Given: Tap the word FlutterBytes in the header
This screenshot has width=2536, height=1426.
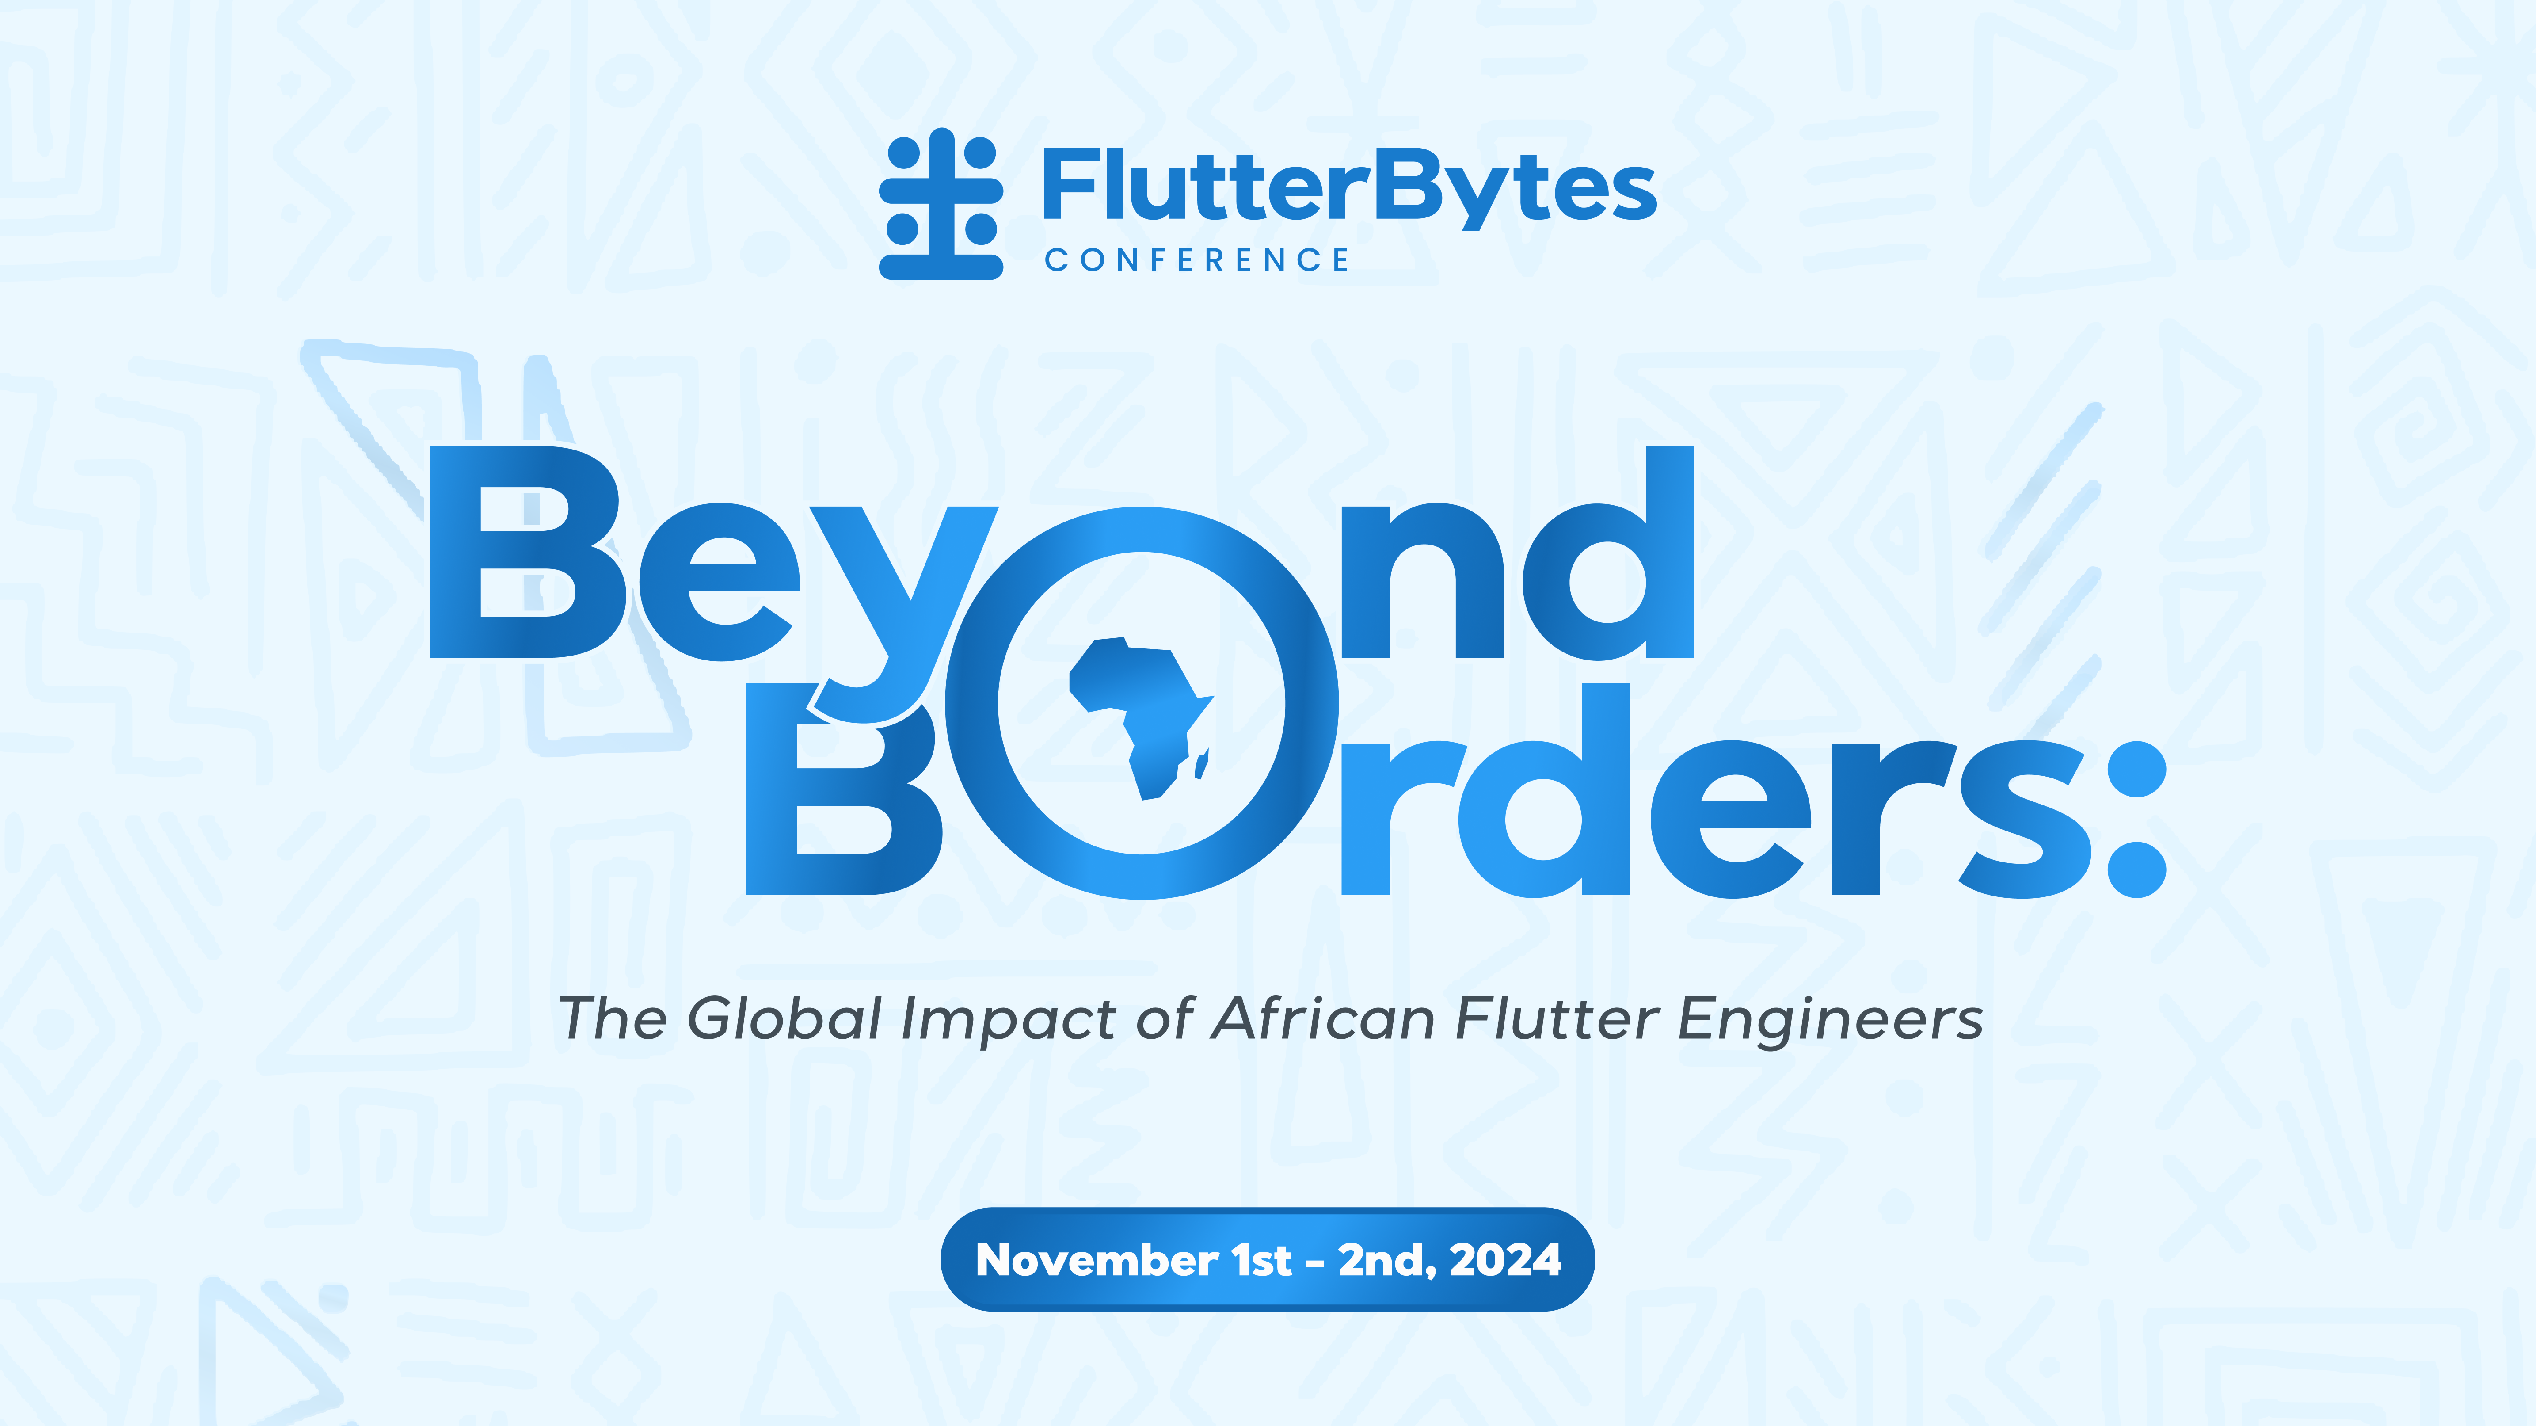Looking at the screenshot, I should (1349, 187).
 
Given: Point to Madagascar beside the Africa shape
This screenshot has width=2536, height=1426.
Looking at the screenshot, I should (1202, 763).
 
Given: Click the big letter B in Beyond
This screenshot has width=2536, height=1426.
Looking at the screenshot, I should (527, 552).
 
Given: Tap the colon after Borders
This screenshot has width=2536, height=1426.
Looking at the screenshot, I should (2136, 817).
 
